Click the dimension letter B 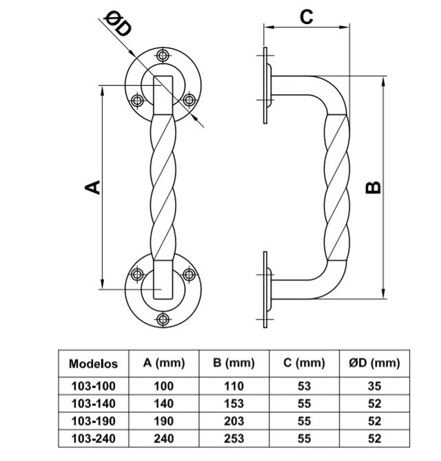373,188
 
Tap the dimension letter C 307,17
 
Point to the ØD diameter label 119,25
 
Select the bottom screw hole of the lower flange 163,319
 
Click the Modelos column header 93,363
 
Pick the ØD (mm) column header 375,363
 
